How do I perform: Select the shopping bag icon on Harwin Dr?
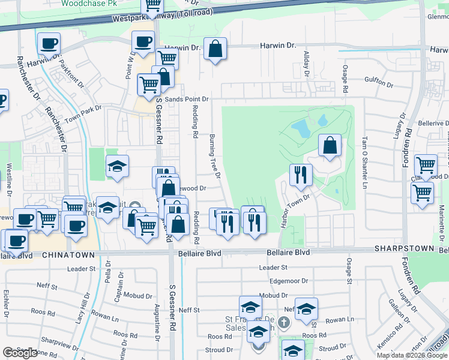tap(215, 49)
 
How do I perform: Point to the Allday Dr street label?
tap(306, 63)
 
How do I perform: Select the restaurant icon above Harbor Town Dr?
tap(300, 175)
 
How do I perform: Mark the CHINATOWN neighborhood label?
tap(68, 255)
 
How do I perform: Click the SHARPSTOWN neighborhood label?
tap(404, 248)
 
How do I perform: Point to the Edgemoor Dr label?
tap(289, 280)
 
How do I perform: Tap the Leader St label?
tap(274, 267)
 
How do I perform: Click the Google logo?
tap(20, 353)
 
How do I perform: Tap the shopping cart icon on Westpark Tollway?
tap(152, 6)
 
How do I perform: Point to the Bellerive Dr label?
tap(433, 123)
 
